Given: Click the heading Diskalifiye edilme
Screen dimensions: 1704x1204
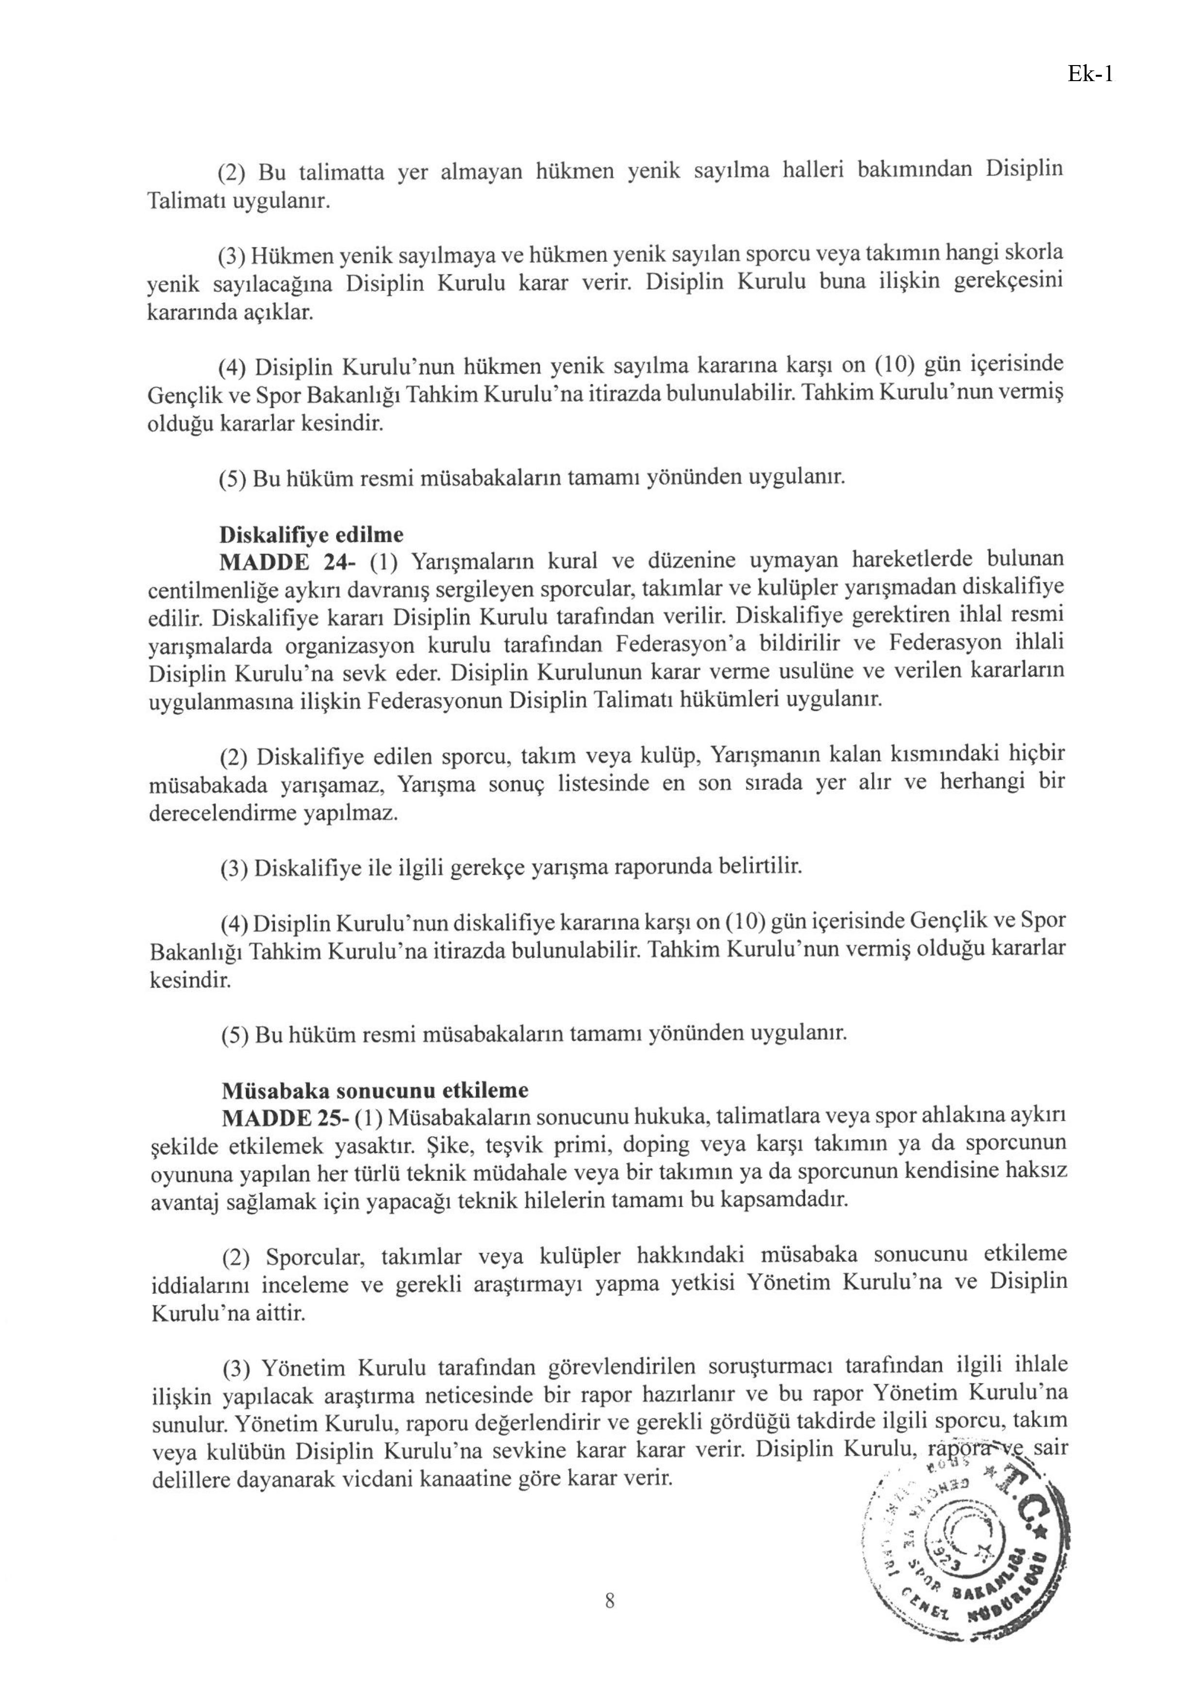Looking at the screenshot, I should coord(312,534).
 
